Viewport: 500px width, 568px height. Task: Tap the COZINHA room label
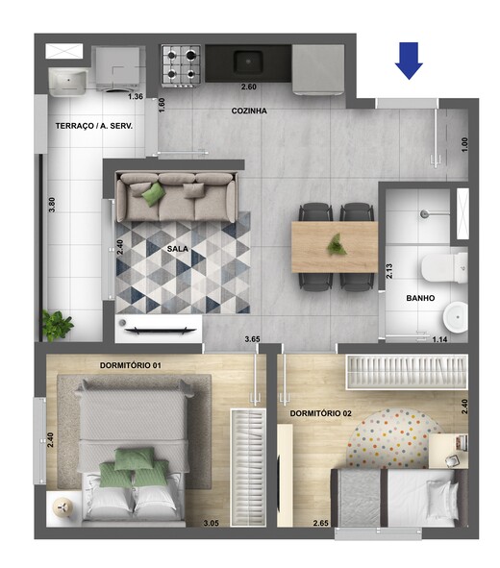pyautogui.click(x=249, y=111)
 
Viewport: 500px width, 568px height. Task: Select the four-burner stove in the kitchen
pyautogui.click(x=180, y=64)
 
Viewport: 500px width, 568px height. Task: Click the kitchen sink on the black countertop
pyautogui.click(x=249, y=61)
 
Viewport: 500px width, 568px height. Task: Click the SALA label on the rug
pyautogui.click(x=177, y=248)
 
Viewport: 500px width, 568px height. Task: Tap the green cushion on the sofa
pyautogui.click(x=153, y=194)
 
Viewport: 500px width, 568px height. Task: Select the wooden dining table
pyautogui.click(x=335, y=245)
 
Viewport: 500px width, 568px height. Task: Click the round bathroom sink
pyautogui.click(x=456, y=315)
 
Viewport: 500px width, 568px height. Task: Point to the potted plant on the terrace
pyautogui.click(x=57, y=325)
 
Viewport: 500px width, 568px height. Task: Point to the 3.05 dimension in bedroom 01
pyautogui.click(x=211, y=523)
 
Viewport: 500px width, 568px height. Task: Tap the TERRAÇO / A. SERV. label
pyautogui.click(x=93, y=127)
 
